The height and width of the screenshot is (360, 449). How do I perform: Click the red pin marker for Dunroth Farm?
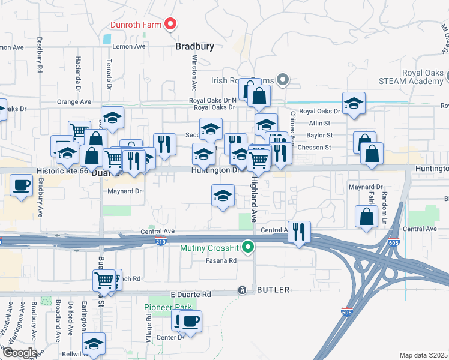[x=170, y=24]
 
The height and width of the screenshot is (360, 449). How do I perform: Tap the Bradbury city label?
[x=194, y=46]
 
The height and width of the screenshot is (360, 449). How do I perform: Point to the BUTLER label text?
[x=273, y=290]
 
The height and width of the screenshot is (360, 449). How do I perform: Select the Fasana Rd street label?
[x=222, y=260]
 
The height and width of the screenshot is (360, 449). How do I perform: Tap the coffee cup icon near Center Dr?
[x=190, y=321]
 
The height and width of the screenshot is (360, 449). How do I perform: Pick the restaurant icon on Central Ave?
[x=299, y=231]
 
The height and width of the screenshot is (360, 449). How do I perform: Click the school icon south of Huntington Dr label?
[x=223, y=195]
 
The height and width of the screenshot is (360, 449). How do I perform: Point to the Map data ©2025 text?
[x=423, y=355]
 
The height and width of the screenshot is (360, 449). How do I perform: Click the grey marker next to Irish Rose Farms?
[x=284, y=80]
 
